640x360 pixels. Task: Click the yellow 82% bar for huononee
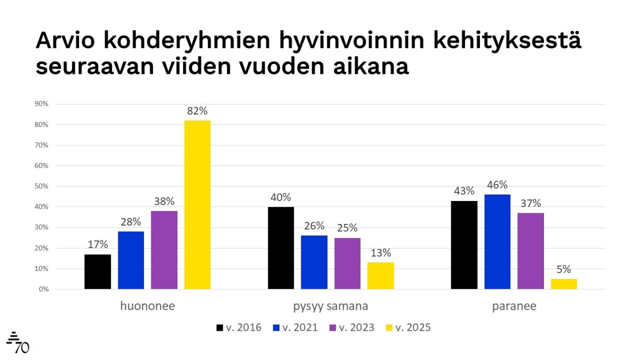click(x=197, y=205)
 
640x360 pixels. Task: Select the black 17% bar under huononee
click(x=98, y=272)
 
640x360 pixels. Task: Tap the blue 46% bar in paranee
click(x=498, y=242)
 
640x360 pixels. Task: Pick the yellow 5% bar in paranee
click(x=564, y=284)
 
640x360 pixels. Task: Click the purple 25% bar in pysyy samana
click(x=347, y=263)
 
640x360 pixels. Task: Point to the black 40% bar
click(x=281, y=248)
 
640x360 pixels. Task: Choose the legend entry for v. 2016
click(x=238, y=327)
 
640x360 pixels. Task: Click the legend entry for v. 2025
click(x=407, y=327)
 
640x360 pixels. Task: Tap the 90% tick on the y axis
click(x=42, y=105)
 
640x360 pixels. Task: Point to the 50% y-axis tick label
click(x=42, y=187)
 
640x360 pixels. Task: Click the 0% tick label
click(x=43, y=290)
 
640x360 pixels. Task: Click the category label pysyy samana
click(x=331, y=307)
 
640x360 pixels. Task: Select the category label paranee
click(x=514, y=307)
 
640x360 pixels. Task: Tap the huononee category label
click(x=148, y=307)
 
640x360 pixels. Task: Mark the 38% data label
click(x=164, y=202)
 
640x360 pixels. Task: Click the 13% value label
click(x=381, y=253)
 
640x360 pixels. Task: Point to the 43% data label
click(x=464, y=191)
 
